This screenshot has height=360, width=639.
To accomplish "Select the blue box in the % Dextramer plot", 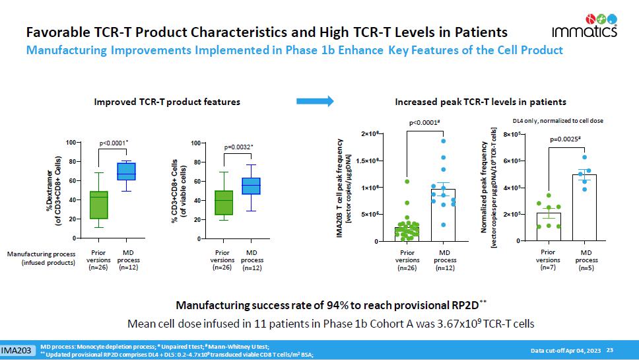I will [x=125, y=171].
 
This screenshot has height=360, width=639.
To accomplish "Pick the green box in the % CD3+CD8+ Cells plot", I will [x=224, y=202].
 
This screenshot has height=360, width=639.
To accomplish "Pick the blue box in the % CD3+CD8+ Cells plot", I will [x=251, y=186].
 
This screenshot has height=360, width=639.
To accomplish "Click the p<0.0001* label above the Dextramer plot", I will [x=112, y=142].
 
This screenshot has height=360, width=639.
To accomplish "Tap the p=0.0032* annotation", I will [x=238, y=147].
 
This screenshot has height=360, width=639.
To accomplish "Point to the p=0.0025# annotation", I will [x=564, y=139].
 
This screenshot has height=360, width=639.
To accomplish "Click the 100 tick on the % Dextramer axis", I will [x=69, y=143].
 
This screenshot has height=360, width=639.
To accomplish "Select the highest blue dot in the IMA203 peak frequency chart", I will [x=444, y=141].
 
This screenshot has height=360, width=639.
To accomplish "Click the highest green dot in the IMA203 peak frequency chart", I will [x=407, y=181].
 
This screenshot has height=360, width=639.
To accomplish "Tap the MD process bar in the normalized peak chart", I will [x=584, y=207].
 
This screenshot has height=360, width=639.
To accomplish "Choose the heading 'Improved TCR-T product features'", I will [x=167, y=102].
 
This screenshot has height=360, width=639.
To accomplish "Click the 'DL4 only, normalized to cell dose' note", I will [x=558, y=120].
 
